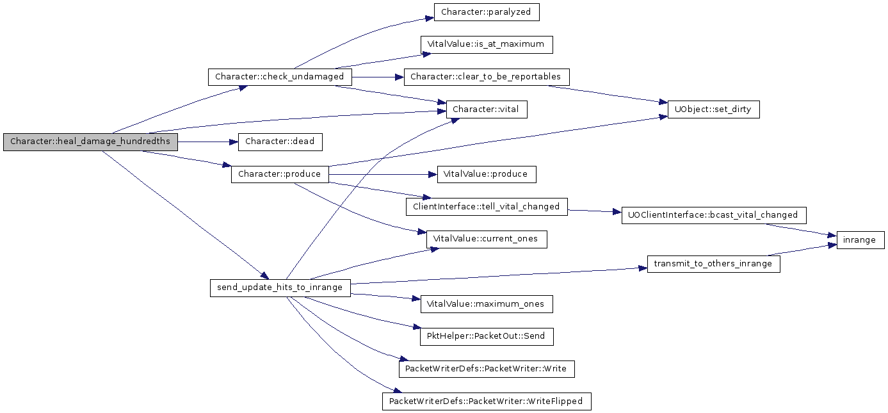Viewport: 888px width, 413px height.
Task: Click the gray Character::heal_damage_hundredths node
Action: [x=90, y=142]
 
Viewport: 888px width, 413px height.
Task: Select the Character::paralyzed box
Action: [x=487, y=12]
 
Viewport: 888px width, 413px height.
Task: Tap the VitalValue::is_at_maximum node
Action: [x=487, y=44]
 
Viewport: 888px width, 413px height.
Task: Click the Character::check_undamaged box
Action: [x=280, y=77]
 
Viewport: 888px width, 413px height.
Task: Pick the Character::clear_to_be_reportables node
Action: [x=487, y=77]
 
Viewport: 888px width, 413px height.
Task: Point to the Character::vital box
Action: [x=487, y=109]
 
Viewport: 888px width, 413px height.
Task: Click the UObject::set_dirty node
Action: [x=714, y=109]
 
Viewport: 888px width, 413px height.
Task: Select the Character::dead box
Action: [x=280, y=142]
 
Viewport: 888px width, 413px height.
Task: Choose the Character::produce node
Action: [x=280, y=174]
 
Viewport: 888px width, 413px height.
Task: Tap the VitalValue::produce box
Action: [x=487, y=174]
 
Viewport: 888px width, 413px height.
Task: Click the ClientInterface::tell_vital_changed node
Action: [x=487, y=207]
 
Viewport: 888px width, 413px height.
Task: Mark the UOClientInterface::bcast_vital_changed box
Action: [x=714, y=215]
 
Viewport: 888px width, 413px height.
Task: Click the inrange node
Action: [x=860, y=240]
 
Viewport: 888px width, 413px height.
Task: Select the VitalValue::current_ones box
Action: [x=487, y=239]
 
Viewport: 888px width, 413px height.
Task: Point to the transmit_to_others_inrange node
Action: [x=714, y=264]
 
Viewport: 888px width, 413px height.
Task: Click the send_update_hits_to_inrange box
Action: [x=280, y=287]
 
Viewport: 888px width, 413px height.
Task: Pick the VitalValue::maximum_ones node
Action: [x=487, y=304]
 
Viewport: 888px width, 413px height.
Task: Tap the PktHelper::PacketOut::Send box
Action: [x=487, y=337]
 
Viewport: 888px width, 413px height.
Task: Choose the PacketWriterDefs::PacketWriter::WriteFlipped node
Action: [x=487, y=401]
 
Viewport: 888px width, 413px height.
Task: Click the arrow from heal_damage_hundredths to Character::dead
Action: [x=207, y=142]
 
